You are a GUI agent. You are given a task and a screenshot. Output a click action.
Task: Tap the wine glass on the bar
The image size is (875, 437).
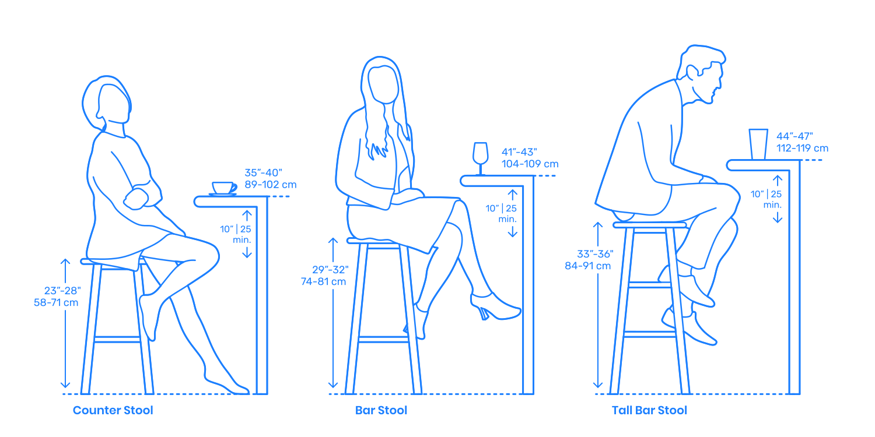click(x=480, y=158)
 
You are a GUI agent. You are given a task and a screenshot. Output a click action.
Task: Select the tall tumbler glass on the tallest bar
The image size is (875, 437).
click(x=758, y=145)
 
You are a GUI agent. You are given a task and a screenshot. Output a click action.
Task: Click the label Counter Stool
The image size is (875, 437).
click(x=113, y=410)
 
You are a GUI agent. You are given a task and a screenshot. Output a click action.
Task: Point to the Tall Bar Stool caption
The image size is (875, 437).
click(x=649, y=410)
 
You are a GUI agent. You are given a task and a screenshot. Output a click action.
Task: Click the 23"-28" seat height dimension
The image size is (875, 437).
click(x=62, y=291)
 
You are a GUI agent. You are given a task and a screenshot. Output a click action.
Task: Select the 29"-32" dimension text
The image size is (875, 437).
click(x=331, y=270)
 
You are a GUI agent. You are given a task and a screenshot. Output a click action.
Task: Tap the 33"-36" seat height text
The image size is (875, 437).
click(x=596, y=254)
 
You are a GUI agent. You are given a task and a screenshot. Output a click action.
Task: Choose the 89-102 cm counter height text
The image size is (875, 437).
click(x=271, y=185)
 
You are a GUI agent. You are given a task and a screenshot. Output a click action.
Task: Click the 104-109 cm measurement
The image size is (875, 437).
click(x=530, y=164)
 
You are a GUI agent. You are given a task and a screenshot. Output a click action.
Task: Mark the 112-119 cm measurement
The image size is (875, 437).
click(x=802, y=148)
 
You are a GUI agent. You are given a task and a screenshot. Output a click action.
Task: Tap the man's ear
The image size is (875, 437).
click(x=692, y=73)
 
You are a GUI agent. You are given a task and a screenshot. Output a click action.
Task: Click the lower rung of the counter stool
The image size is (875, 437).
click(x=117, y=340)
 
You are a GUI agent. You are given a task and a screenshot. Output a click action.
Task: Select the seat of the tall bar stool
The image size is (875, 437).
click(x=650, y=225)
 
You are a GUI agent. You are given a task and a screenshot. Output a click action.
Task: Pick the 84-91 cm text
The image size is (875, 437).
click(x=587, y=266)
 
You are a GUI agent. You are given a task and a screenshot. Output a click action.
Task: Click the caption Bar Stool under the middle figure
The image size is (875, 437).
click(x=381, y=410)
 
